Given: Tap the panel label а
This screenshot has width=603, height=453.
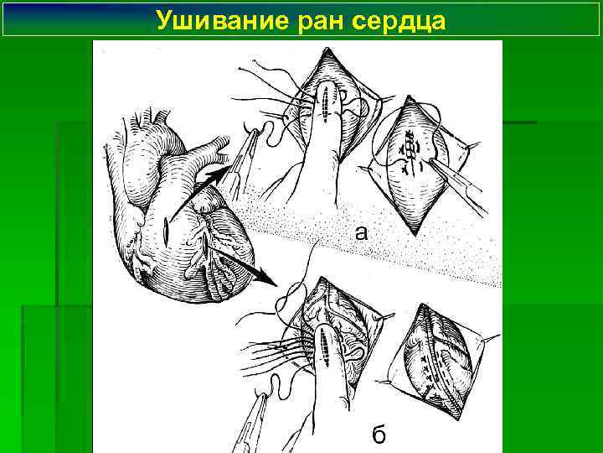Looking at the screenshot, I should pos(360,234).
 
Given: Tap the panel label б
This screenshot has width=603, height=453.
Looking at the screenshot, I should pos(379,435).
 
